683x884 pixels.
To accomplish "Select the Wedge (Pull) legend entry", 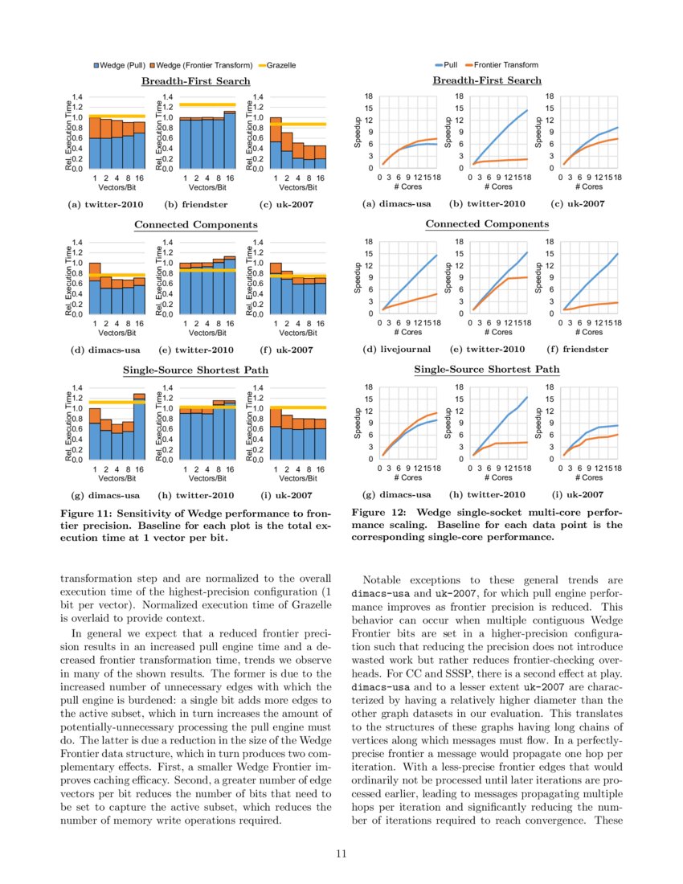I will pos(120,64).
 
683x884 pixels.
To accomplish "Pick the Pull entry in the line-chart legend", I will pos(448,64).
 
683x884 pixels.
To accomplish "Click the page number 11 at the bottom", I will pos(341,854).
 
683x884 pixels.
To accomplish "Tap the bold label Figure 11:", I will pos(89,513).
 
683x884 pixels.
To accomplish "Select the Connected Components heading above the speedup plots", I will pos(487,224).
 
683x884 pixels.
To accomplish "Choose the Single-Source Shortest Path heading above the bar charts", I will pos(195,370).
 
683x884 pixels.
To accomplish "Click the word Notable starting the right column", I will pos(382,579).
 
